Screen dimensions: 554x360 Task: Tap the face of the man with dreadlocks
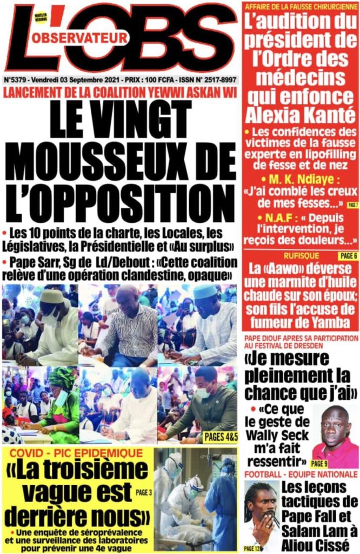click(x=263, y=507)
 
